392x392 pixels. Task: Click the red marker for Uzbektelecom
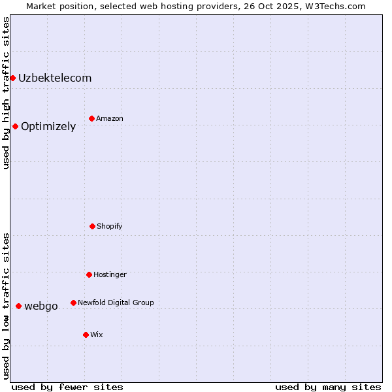click(12, 78)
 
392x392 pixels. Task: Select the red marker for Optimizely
click(15, 126)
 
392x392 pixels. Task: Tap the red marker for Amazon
click(91, 118)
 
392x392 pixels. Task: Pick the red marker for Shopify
click(92, 226)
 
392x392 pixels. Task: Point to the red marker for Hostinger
click(89, 274)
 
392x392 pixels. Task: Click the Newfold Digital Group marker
click(73, 302)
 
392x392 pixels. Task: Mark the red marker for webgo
click(18, 306)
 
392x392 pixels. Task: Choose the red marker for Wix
click(86, 335)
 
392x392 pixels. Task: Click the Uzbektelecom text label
click(55, 78)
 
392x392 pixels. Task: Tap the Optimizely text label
click(48, 127)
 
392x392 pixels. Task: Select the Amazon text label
click(110, 118)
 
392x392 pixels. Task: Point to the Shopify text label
click(110, 226)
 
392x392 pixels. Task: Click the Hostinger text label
click(110, 274)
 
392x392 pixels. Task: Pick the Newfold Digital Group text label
click(116, 302)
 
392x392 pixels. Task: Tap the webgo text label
click(41, 306)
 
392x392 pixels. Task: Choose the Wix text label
click(97, 335)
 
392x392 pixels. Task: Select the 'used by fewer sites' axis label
click(67, 387)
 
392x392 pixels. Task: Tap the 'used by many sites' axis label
click(328, 387)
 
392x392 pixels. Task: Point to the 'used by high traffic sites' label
click(6, 93)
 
